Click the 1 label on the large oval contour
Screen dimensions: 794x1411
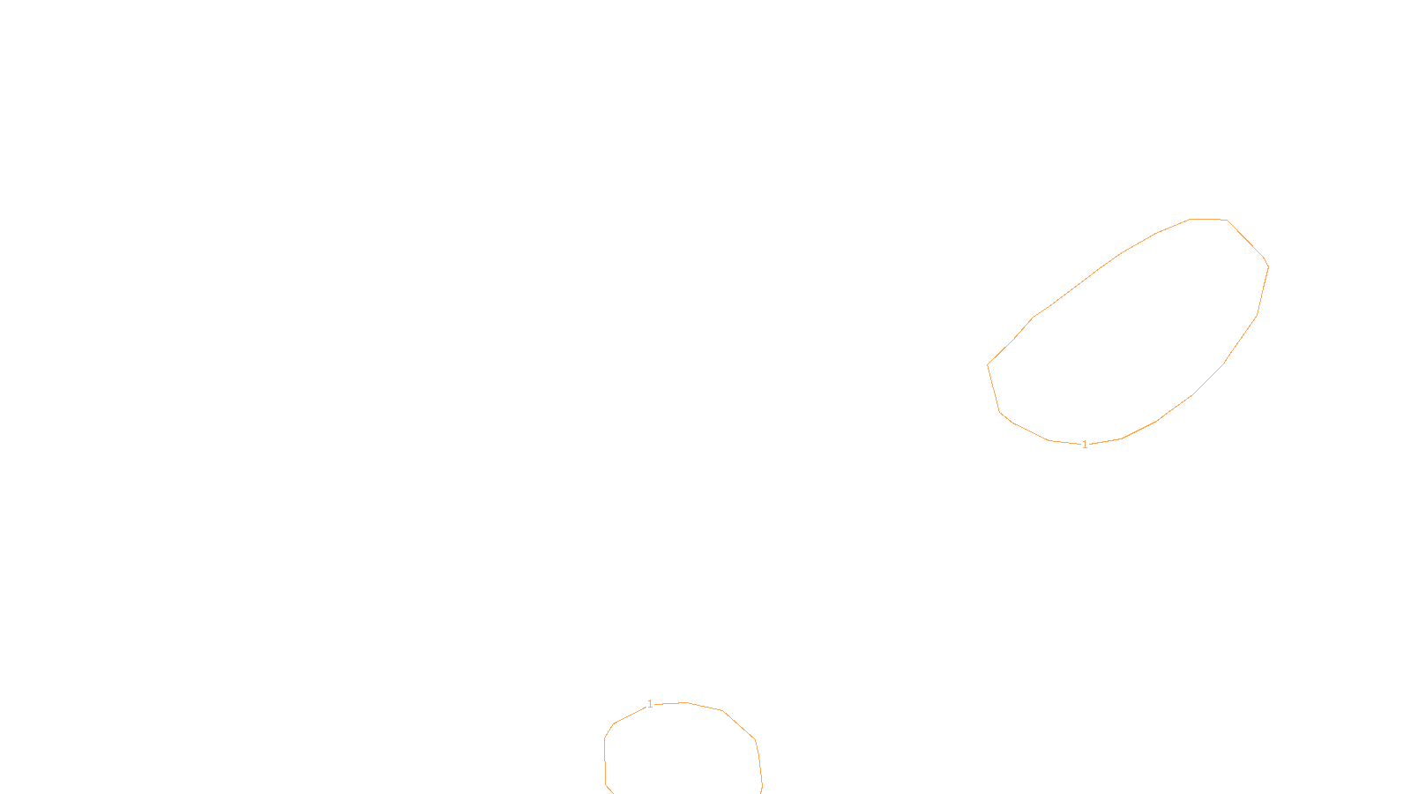click(x=1085, y=445)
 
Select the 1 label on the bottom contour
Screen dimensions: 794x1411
click(x=650, y=704)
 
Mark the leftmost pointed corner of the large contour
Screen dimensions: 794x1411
click(x=988, y=364)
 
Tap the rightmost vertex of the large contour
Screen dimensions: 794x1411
click(x=1268, y=266)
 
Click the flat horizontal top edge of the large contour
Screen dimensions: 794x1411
click(x=1208, y=219)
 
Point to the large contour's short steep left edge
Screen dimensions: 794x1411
click(x=994, y=388)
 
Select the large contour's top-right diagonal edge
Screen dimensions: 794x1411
click(x=1246, y=241)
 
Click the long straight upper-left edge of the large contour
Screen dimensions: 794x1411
click(x=1076, y=286)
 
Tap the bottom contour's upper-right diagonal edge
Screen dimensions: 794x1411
click(x=739, y=725)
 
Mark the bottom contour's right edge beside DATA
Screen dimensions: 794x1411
click(x=759, y=763)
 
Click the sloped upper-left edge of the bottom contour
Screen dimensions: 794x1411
click(x=631, y=715)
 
